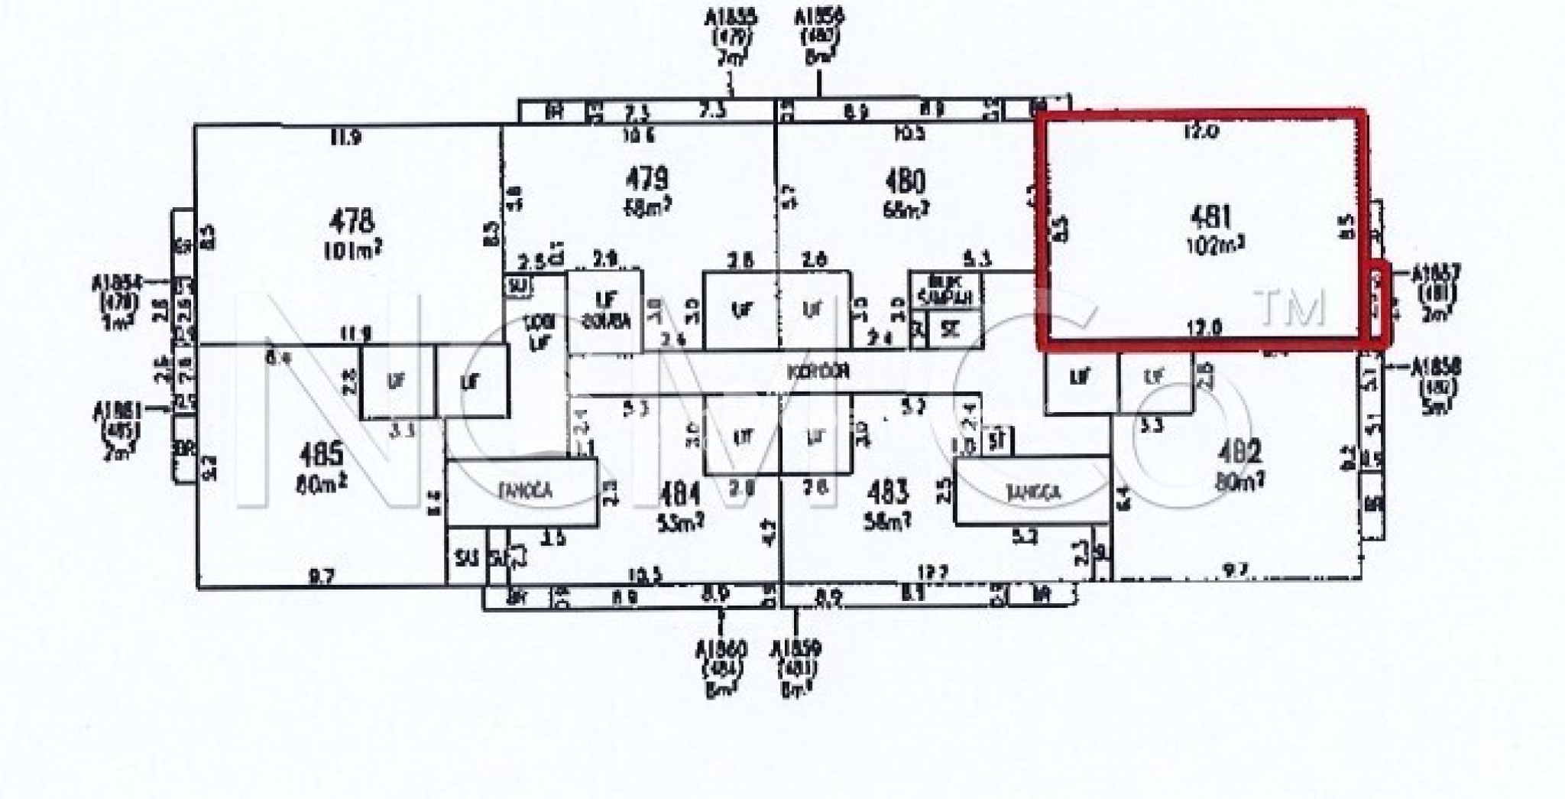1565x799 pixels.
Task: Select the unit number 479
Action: pos(647,180)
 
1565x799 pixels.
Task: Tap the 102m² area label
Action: pos(1212,247)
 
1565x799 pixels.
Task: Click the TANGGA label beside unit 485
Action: pos(521,493)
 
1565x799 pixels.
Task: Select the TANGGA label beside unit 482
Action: pos(1031,492)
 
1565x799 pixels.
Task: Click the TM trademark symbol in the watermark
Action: pos(1291,307)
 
